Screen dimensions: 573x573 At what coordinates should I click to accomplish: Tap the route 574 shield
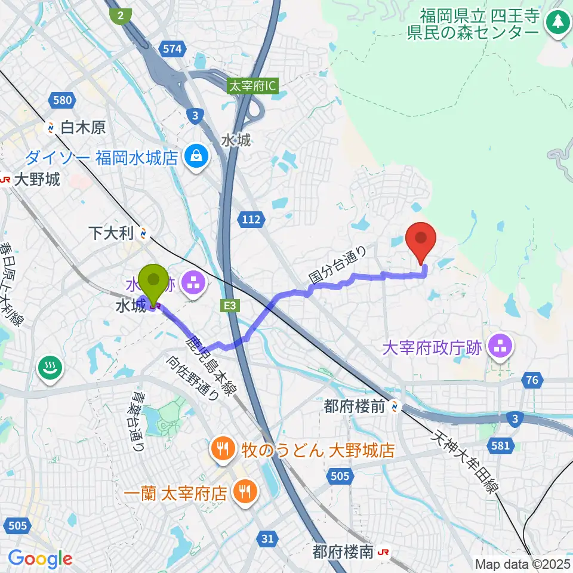tap(172, 50)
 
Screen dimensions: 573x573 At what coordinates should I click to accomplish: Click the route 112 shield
tap(252, 220)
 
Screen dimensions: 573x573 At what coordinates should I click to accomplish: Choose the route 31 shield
tap(269, 539)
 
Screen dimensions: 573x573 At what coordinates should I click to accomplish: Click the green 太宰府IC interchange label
tap(252, 87)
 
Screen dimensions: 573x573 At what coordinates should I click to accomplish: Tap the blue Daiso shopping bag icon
tap(195, 157)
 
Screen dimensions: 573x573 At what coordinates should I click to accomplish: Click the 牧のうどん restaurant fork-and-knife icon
tap(223, 449)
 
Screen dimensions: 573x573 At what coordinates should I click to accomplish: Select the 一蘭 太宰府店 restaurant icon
tap(244, 493)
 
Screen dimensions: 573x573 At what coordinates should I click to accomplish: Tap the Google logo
tap(40, 559)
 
